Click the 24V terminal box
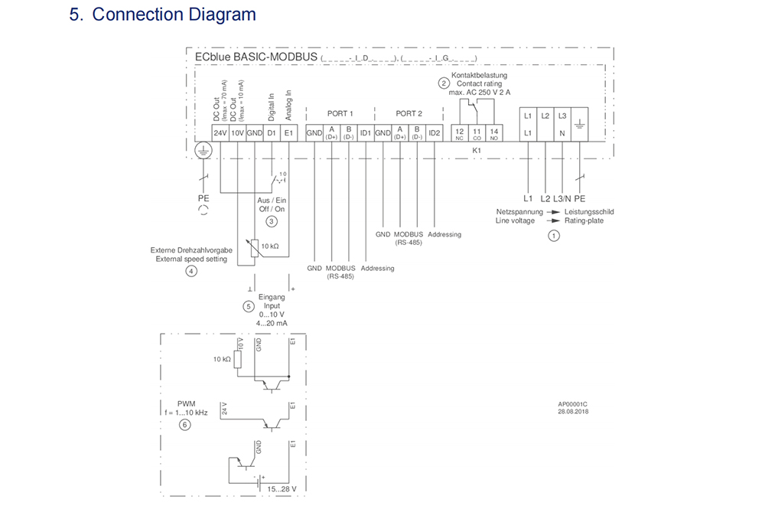pyautogui.click(x=220, y=133)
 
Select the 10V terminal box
pyautogui.click(x=238, y=133)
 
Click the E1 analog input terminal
pyautogui.click(x=288, y=133)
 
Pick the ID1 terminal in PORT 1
pyautogui.click(x=366, y=133)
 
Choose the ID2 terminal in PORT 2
pyautogui.click(x=435, y=133)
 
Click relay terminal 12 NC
pyautogui.click(x=459, y=133)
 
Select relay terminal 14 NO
pyautogui.click(x=493, y=133)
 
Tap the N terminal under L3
pyautogui.click(x=562, y=133)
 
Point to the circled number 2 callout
pyautogui.click(x=443, y=83)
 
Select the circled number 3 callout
pyautogui.click(x=272, y=221)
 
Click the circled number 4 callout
pyautogui.click(x=191, y=271)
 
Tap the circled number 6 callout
pyautogui.click(x=184, y=425)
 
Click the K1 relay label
pyautogui.click(x=476, y=150)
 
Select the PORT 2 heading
pyautogui.click(x=409, y=113)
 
